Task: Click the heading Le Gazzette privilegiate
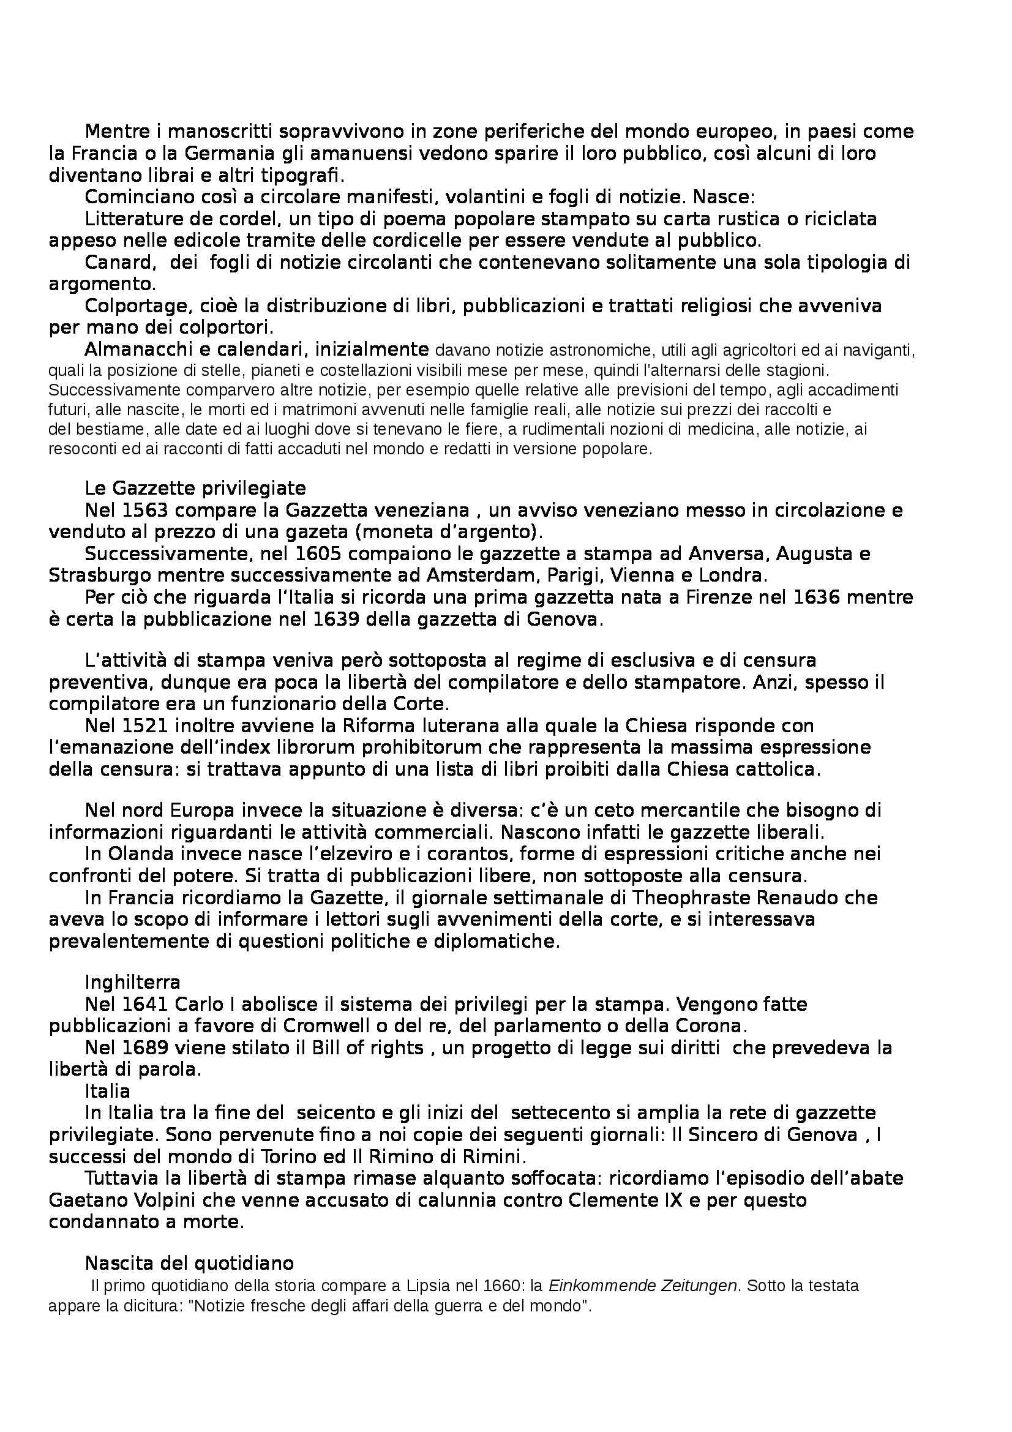(x=195, y=488)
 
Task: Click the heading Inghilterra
(x=133, y=982)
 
